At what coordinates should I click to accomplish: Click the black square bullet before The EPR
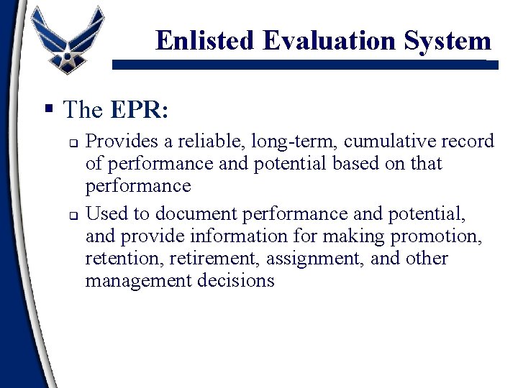click(x=49, y=110)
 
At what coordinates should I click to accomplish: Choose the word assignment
click(x=327, y=258)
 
